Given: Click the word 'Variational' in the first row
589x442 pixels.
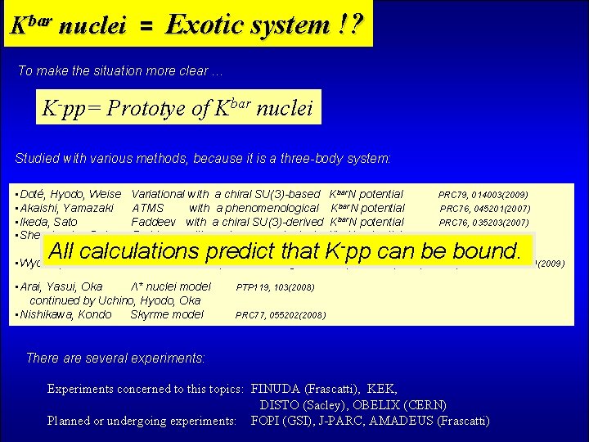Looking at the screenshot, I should tap(157, 194).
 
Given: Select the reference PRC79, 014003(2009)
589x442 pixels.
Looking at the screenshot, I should tap(483, 196).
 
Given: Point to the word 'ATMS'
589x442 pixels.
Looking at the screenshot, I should tap(147, 208).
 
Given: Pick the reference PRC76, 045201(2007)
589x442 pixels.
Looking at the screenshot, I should tap(485, 209).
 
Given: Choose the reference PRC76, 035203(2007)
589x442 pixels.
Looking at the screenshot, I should tap(484, 223).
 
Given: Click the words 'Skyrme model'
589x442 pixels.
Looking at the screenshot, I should tap(167, 314).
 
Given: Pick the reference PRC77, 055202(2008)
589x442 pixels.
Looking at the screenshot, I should tap(280, 315).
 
